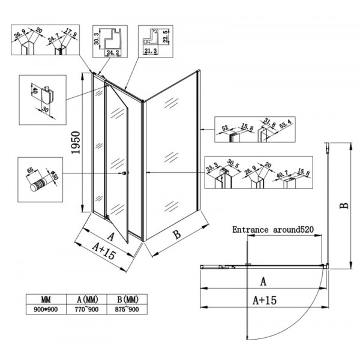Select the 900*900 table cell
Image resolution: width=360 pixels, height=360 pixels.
46,310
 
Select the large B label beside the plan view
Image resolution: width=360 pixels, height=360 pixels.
343,205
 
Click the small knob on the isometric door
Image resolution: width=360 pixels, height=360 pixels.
125,174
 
